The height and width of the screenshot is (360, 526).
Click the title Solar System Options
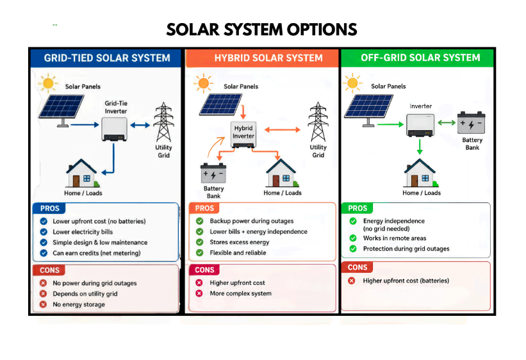261,29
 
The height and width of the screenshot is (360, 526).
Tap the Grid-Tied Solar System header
107,58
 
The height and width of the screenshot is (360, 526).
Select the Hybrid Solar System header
268,58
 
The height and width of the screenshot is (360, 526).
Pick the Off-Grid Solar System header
420,58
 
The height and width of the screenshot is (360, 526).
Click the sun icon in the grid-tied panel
48,83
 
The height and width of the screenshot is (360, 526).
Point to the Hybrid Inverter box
243,135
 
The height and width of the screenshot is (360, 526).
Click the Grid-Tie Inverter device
115,129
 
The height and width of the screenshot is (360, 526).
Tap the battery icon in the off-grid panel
472,123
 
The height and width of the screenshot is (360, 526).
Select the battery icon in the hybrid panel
213,173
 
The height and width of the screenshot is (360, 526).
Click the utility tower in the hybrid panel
318,122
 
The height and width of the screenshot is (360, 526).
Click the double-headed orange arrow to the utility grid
283,130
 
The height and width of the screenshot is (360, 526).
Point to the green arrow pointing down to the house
420,147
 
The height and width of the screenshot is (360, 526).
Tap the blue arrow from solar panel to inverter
85,125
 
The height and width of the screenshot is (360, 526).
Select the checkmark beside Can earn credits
44,253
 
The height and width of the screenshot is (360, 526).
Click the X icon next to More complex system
199,293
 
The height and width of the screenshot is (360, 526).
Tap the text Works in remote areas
395,238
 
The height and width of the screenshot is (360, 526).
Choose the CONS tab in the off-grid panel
358,267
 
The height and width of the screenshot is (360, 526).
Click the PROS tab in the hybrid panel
204,208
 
